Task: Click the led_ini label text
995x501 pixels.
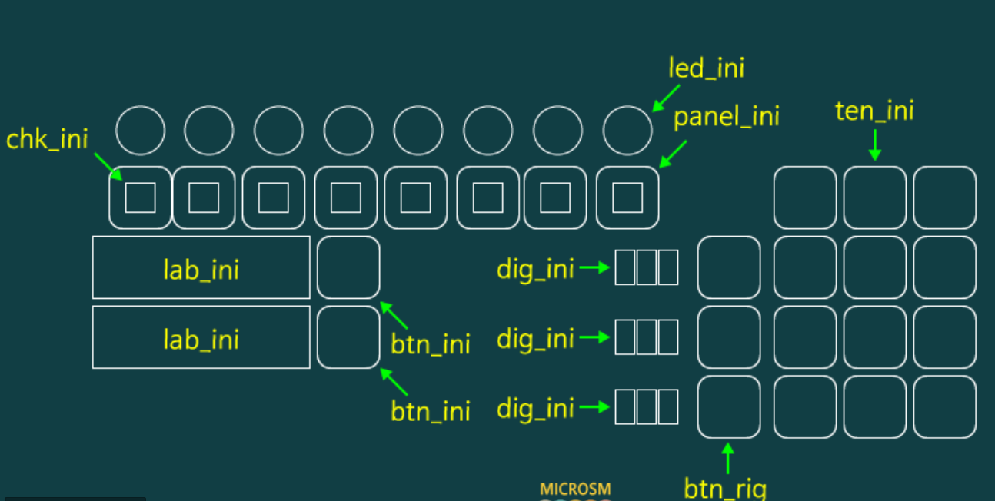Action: tap(706, 68)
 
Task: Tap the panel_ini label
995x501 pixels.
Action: tap(727, 117)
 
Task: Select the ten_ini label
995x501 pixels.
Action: tap(874, 111)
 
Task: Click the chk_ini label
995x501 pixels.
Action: tap(47, 139)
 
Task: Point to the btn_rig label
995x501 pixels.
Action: tap(725, 487)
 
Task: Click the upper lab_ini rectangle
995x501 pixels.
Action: tap(201, 267)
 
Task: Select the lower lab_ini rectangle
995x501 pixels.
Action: tap(201, 337)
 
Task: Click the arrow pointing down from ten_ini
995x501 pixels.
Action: tap(874, 146)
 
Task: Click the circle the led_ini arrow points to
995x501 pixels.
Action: tap(627, 131)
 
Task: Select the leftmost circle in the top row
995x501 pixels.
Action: tap(140, 131)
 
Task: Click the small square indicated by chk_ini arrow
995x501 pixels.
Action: tap(140, 197)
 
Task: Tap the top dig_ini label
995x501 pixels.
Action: tap(535, 269)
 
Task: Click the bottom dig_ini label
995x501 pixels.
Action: tap(535, 408)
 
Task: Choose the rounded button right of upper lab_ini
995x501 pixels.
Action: tap(348, 267)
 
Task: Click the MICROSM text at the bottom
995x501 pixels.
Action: tap(575, 489)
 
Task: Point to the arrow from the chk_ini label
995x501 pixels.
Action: tap(107, 165)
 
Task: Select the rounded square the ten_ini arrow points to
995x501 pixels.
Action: tap(875, 197)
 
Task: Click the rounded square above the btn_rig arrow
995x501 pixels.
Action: tap(729, 406)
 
